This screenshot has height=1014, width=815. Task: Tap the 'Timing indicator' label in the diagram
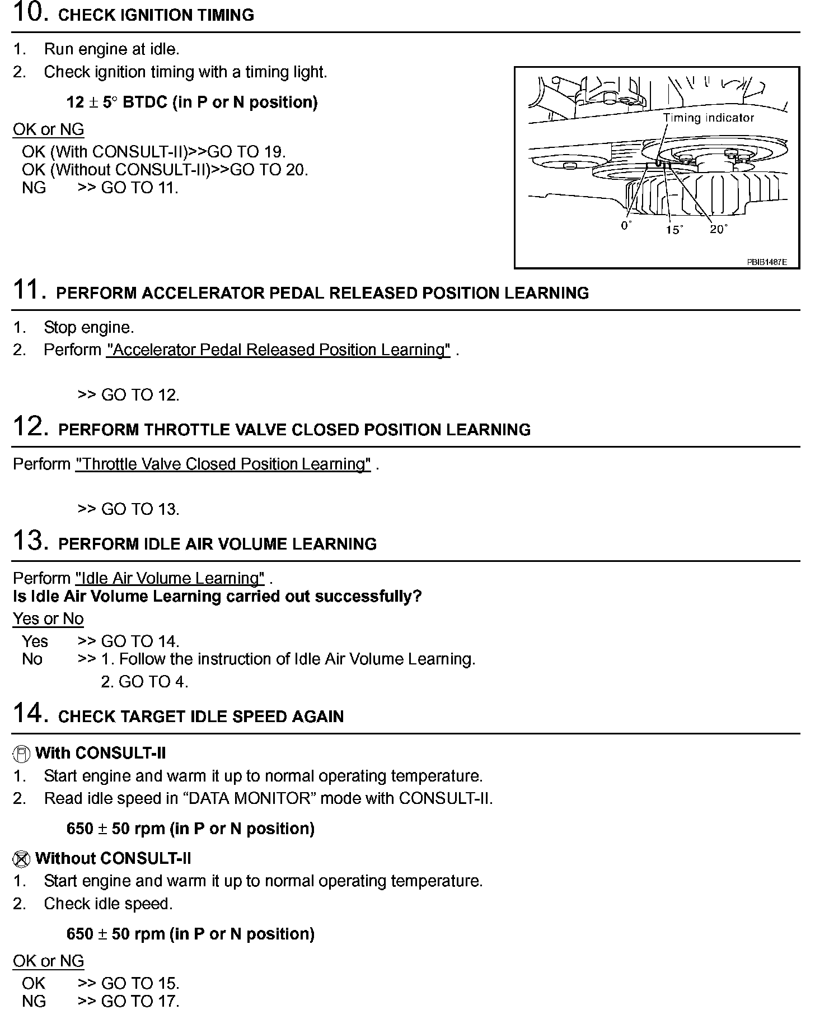point(708,118)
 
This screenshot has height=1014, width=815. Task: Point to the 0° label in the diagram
point(626,226)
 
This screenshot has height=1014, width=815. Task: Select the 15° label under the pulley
point(674,230)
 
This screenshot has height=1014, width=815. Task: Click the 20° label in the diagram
point(719,229)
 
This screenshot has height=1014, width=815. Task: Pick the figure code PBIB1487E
point(766,262)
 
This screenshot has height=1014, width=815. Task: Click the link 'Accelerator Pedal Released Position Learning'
point(278,350)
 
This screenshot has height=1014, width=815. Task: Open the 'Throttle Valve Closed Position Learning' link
point(223,464)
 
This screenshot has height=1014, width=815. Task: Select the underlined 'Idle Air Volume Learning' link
point(170,578)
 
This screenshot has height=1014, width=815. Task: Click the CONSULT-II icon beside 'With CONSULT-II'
point(21,754)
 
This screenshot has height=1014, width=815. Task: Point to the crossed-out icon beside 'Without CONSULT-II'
point(21,859)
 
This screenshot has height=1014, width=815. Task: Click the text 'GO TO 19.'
point(247,152)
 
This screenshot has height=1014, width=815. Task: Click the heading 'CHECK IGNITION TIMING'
point(156,15)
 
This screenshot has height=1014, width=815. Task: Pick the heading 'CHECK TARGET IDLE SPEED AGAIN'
point(200,717)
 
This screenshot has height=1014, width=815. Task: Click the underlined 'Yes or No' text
point(48,619)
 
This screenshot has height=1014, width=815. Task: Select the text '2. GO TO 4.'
point(144,682)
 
